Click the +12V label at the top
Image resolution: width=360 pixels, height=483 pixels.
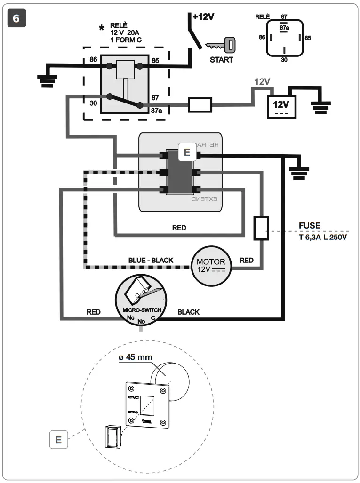(203, 17)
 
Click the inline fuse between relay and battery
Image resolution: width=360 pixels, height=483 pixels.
(200, 105)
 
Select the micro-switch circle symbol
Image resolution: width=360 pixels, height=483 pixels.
(139, 299)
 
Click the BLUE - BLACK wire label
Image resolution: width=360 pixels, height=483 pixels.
(151, 260)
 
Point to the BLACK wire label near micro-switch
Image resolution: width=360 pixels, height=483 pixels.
(188, 312)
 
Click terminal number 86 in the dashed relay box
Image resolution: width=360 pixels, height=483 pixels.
(93, 60)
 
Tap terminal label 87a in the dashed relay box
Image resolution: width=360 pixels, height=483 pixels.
(156, 111)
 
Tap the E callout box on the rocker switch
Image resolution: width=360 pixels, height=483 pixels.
(186, 152)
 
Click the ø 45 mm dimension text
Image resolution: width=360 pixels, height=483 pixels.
(136, 357)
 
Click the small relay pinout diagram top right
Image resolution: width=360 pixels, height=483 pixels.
(284, 38)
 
